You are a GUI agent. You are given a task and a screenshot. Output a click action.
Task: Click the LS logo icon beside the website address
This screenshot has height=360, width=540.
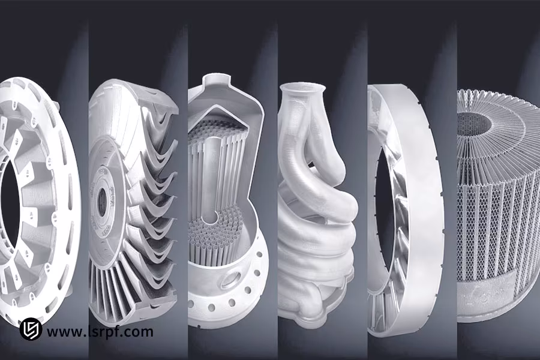(x=30, y=330)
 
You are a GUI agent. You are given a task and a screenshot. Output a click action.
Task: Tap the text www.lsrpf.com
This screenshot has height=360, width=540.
(x=100, y=331)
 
